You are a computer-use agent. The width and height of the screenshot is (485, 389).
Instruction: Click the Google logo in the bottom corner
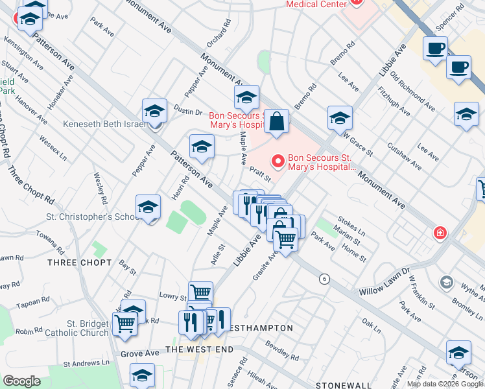pos(21,381)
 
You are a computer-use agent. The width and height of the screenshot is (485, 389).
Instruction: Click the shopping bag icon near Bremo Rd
pos(276,122)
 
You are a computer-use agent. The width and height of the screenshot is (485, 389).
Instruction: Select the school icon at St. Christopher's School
pos(148,208)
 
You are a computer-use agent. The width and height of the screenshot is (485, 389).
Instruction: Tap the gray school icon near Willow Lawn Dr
pos(446,281)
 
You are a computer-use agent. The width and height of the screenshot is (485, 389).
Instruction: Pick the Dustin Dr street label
pos(189,112)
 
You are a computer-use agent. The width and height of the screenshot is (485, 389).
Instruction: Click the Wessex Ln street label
pos(53,147)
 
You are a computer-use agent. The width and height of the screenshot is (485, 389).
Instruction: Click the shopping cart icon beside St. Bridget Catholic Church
pos(124,324)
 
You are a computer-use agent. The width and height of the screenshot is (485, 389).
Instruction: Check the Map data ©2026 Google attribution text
pos(445,384)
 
